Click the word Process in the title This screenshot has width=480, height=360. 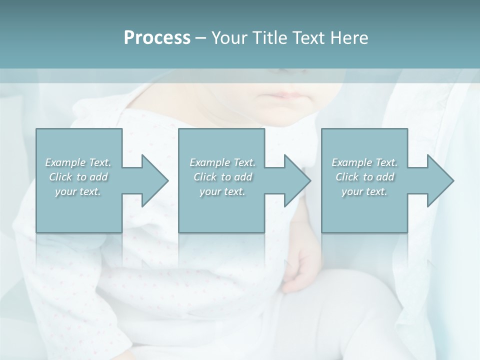point(157,38)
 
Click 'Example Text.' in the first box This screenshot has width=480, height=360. point(78,162)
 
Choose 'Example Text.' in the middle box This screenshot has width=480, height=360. point(222,162)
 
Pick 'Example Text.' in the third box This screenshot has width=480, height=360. point(364,162)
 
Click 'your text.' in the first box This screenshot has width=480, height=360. point(78,191)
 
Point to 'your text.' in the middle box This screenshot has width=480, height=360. point(222,191)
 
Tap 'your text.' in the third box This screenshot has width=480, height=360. point(364,191)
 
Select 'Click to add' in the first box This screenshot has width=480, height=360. point(78,177)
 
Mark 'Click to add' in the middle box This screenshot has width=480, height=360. point(222,177)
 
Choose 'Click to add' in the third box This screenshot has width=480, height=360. point(364,177)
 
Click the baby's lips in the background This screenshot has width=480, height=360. point(283,95)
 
